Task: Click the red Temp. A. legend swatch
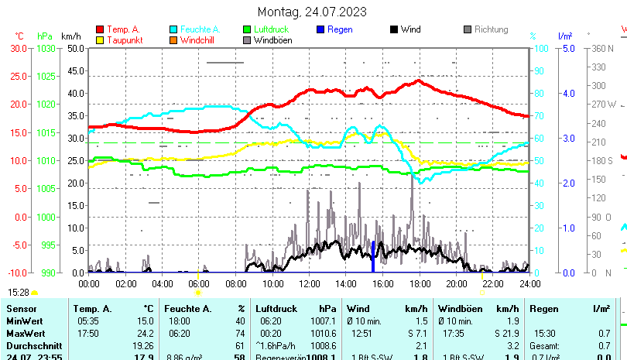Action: (100, 29)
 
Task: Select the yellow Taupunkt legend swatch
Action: (100, 39)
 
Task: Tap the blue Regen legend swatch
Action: (321, 29)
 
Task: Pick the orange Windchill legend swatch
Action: (173, 39)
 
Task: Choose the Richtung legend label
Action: (492, 29)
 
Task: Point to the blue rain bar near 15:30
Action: (373, 257)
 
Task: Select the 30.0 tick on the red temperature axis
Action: (19, 48)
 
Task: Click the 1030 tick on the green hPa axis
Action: (46, 48)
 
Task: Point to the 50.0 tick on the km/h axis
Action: (75, 48)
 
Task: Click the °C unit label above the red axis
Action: (19, 36)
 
